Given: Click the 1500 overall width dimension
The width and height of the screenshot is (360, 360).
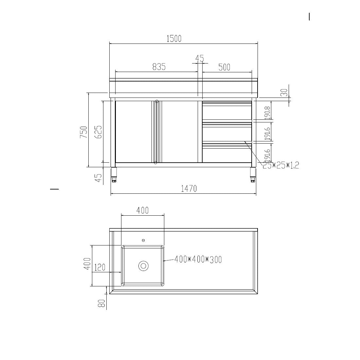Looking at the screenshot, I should click(174, 39).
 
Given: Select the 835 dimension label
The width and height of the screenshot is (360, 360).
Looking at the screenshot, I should click(159, 67).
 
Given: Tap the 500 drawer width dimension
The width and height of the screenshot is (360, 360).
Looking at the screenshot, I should click(224, 67).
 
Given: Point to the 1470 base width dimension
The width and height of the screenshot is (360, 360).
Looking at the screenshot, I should click(189, 189).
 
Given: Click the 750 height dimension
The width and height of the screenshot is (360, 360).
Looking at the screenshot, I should click(84, 132).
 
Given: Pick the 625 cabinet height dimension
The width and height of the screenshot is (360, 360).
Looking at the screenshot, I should click(99, 132).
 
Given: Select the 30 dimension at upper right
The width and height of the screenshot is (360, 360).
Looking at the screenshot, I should click(284, 93).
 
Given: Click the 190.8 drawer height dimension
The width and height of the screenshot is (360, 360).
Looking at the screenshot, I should click(267, 112).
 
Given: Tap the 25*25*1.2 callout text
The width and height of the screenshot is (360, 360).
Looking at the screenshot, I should click(281, 165).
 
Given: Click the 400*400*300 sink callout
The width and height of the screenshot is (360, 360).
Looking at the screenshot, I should click(198, 260).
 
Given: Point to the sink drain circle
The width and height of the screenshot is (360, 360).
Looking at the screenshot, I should click(143, 266).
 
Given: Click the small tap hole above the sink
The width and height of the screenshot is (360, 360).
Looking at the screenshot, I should click(143, 241).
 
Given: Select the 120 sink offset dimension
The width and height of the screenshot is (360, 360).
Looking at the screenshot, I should click(100, 268).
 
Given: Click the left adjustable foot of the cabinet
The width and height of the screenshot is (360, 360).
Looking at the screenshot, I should click(114, 175).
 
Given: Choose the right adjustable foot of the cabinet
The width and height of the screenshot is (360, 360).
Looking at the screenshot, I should click(253, 175).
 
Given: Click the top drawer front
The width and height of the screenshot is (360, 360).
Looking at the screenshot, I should click(227, 113).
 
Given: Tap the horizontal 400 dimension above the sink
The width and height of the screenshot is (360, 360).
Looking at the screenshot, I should click(142, 210).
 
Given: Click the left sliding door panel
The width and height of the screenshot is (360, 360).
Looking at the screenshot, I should click(134, 132).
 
